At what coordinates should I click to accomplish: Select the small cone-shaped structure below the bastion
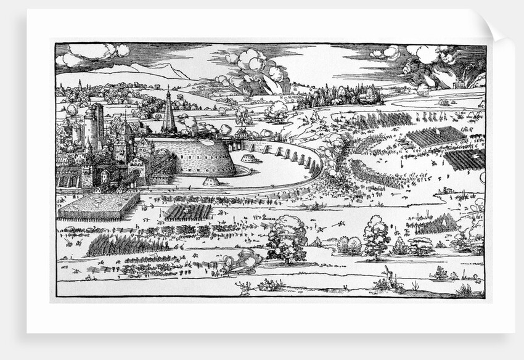211,181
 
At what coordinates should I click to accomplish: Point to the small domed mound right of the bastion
250,159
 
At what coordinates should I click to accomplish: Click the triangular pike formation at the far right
439,224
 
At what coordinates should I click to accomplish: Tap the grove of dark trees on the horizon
336,96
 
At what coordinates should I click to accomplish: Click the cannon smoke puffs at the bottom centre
245,261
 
